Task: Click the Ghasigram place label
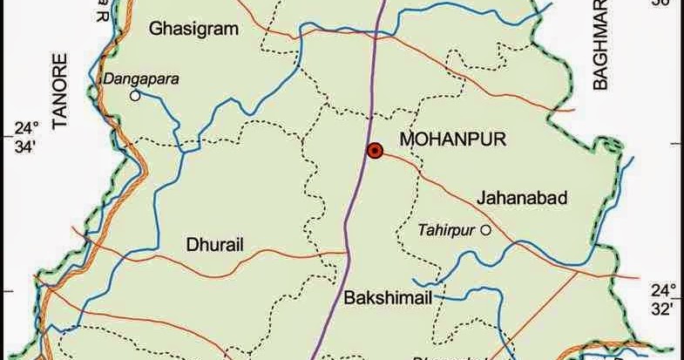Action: tap(193, 30)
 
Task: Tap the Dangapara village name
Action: tap(141, 78)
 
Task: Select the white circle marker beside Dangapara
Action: tap(135, 96)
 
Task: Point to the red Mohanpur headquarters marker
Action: tap(375, 151)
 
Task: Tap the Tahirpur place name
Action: tap(448, 230)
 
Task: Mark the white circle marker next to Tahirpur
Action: tap(486, 230)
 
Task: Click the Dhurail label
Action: tap(216, 245)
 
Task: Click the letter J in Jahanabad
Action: tap(481, 199)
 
